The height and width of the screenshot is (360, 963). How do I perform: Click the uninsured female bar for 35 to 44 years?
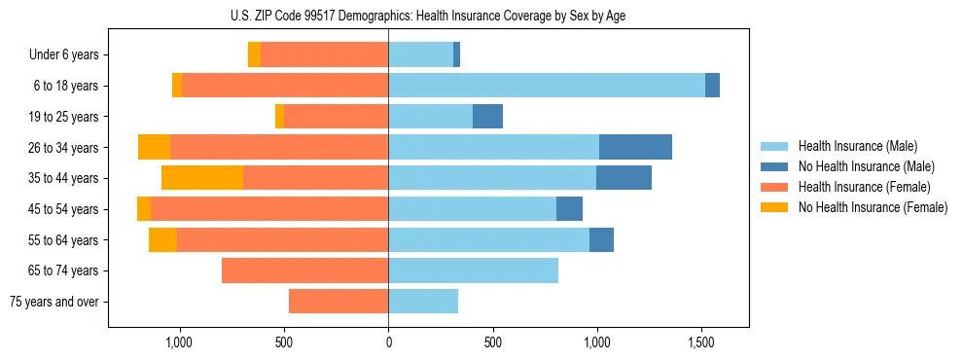pyautogui.click(x=202, y=178)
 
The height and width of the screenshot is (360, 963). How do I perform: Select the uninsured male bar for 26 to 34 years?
pyautogui.click(x=635, y=147)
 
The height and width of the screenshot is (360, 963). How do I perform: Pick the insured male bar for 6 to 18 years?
pyautogui.click(x=546, y=86)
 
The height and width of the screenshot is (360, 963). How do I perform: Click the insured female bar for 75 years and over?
pyautogui.click(x=339, y=302)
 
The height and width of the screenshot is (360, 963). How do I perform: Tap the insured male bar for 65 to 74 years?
pyautogui.click(x=473, y=270)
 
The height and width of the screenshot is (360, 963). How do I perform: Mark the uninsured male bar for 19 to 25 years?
pyautogui.click(x=487, y=117)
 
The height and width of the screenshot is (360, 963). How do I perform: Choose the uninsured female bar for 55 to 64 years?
pyautogui.click(x=162, y=239)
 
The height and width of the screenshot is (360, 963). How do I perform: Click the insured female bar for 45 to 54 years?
pyautogui.click(x=269, y=209)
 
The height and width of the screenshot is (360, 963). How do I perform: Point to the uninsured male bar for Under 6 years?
pyautogui.click(x=456, y=55)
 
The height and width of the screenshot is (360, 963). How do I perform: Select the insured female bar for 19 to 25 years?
pyautogui.click(x=336, y=117)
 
